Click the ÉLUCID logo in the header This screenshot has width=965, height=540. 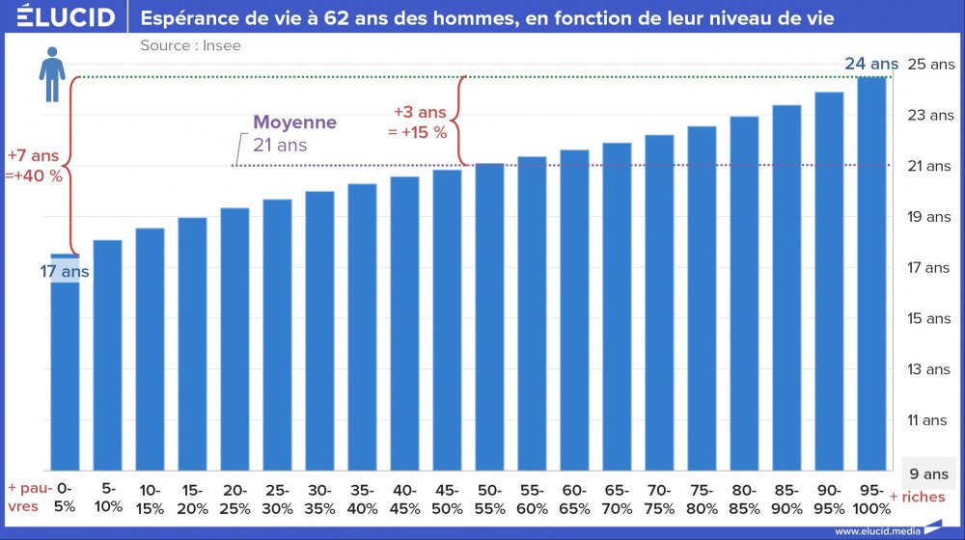(66, 17)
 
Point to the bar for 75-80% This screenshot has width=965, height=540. (702, 298)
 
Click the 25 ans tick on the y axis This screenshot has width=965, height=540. (930, 65)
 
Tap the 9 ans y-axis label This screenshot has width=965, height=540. (929, 473)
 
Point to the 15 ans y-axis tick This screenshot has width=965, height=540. (930, 318)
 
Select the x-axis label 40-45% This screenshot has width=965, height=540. (404, 499)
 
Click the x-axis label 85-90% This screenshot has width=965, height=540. (786, 499)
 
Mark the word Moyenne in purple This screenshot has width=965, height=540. (294, 123)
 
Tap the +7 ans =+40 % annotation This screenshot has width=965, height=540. (35, 165)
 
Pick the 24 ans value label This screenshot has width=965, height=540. (870, 65)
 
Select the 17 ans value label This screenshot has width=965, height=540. (64, 272)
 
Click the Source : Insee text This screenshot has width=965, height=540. (190, 45)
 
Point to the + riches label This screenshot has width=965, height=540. (917, 497)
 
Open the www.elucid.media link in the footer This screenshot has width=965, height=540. (875, 530)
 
